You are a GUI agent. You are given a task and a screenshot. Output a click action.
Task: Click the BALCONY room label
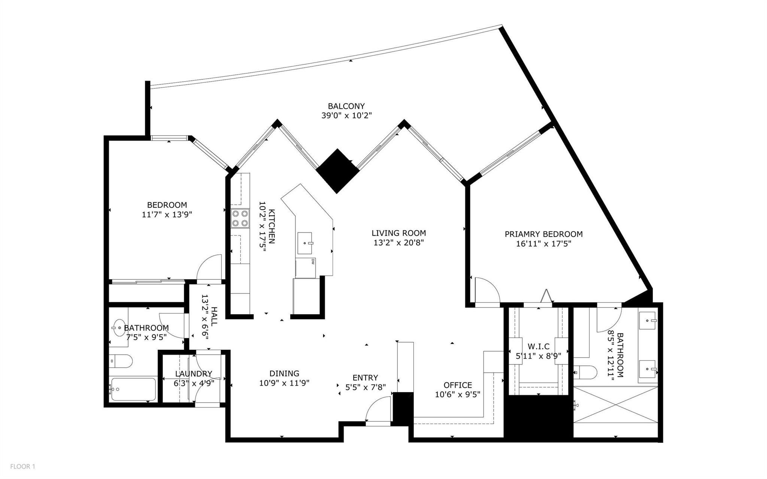(x=346, y=106)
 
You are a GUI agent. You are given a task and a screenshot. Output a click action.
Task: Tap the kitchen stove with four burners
(x=240, y=218)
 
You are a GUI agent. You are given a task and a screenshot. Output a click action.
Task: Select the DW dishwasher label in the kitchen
(x=312, y=261)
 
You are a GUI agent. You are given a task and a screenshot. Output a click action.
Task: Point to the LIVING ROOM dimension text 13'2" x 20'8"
(x=398, y=243)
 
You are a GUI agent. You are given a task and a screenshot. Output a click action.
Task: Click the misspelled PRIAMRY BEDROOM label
(x=543, y=234)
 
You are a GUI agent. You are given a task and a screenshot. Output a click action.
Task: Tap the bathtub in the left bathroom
(x=133, y=389)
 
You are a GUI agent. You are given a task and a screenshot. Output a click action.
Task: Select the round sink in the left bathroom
(x=119, y=328)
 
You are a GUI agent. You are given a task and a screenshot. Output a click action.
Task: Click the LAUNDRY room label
(x=194, y=374)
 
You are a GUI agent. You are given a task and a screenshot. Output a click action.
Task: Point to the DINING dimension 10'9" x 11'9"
(x=284, y=383)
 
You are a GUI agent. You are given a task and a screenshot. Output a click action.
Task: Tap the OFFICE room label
(x=458, y=385)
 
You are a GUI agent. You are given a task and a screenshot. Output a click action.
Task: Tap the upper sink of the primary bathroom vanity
(x=647, y=321)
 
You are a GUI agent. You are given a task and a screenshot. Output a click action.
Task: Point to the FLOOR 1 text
(x=22, y=467)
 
